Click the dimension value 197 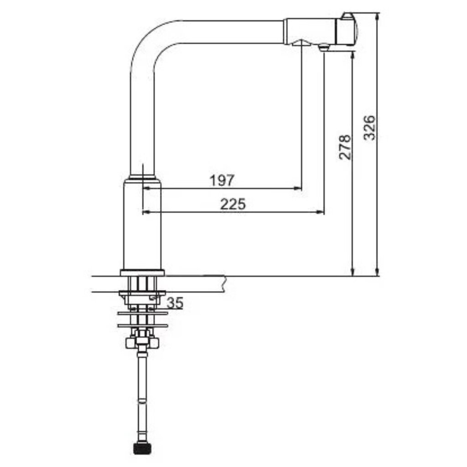click(x=222, y=180)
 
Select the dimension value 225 click(x=233, y=204)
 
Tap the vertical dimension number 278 click(x=345, y=147)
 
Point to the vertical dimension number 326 click(x=370, y=128)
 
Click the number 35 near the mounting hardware click(x=175, y=303)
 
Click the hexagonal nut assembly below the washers click(x=142, y=342)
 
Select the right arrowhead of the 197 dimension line click(x=297, y=188)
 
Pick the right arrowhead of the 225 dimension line click(x=320, y=212)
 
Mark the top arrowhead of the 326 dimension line click(x=377, y=17)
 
